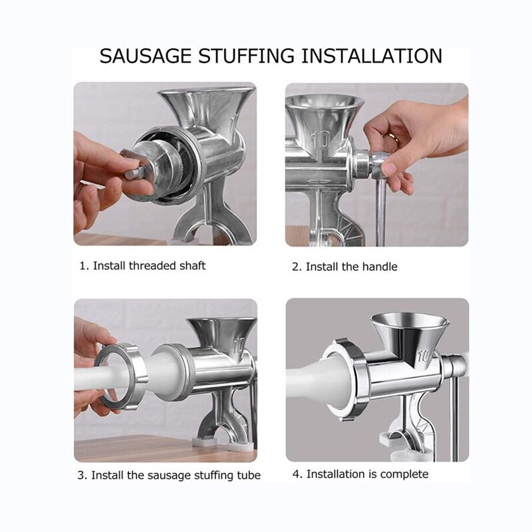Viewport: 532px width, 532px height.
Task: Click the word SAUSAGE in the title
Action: (x=146, y=56)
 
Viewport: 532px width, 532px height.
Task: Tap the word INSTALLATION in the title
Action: (x=372, y=56)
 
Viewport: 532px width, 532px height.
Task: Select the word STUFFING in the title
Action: (x=247, y=56)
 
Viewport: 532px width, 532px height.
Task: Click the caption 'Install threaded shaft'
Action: (x=149, y=265)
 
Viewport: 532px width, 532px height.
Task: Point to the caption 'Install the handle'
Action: (x=352, y=267)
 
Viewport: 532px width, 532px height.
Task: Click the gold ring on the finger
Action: (x=392, y=137)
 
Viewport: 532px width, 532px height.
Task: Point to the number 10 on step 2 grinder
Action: (x=321, y=139)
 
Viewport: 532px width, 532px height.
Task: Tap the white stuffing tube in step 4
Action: (x=320, y=382)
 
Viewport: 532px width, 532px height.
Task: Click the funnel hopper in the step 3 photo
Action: (x=221, y=336)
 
